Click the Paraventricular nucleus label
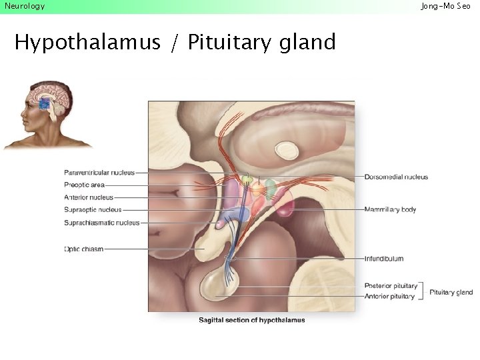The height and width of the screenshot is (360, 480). (99, 173)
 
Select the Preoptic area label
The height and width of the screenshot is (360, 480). (84, 185)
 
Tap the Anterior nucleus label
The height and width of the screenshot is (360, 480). (89, 197)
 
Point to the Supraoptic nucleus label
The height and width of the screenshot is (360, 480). (93, 210)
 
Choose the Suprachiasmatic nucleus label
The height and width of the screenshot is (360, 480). (102, 223)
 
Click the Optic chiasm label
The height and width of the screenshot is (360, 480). (84, 249)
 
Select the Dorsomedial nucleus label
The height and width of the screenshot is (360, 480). (396, 177)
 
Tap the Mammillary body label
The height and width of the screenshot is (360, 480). (390, 209)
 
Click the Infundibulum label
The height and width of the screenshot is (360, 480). (383, 259)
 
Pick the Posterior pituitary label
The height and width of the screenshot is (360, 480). (391, 286)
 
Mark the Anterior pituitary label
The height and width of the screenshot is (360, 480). (389, 296)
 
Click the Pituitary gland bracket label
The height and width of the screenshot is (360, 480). (451, 292)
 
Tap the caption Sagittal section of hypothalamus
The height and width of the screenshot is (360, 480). (251, 320)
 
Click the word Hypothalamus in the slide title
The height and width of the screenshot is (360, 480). (87, 43)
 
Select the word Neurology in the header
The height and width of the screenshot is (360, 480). (25, 6)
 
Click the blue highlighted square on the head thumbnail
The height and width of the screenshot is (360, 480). (44, 103)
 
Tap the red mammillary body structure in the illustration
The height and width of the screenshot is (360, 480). (285, 207)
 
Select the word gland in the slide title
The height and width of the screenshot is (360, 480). (307, 43)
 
